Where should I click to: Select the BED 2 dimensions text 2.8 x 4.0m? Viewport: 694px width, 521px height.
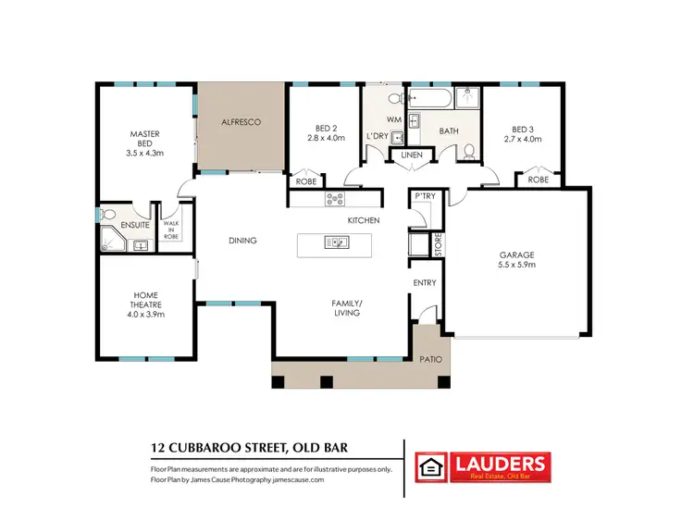[325, 138]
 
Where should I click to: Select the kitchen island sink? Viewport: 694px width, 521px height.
[334, 243]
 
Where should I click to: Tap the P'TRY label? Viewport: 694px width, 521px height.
[425, 196]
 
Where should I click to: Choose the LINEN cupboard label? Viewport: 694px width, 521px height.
[412, 155]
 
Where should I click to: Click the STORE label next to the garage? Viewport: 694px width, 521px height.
[438, 245]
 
